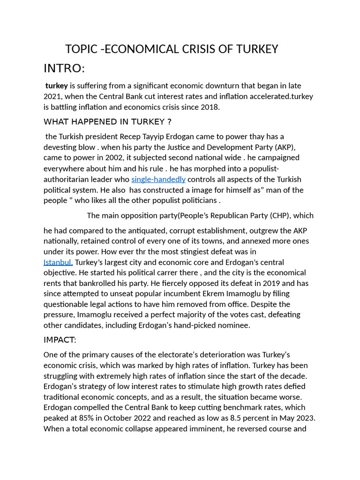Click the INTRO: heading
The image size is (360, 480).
[64, 68]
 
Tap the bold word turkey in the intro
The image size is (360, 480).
[57, 86]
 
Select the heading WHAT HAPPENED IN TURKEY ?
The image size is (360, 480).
[107, 122]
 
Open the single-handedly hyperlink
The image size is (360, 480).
[158, 179]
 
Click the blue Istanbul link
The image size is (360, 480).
[58, 262]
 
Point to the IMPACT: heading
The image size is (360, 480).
[60, 340]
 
